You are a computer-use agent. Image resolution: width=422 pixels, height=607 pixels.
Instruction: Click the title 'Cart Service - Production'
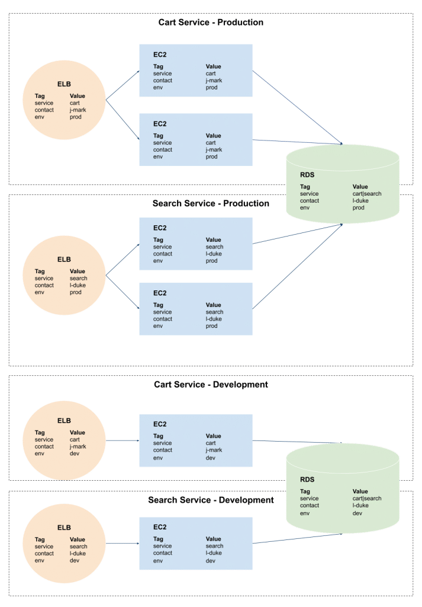211,23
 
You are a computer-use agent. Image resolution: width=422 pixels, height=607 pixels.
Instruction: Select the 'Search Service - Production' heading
211,203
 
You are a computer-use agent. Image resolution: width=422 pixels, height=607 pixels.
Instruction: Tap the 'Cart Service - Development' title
211,384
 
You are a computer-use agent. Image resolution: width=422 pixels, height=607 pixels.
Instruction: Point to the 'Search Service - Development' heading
211,500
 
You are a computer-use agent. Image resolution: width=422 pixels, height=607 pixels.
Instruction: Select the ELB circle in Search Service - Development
64,543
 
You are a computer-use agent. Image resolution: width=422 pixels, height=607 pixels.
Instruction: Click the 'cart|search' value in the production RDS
367,194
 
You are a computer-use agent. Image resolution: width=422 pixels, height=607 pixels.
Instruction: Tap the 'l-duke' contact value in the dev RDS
360,506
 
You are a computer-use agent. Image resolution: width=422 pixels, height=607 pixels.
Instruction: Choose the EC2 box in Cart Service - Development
196,440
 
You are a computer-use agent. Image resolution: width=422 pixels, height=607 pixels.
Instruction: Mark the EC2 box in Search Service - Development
196,544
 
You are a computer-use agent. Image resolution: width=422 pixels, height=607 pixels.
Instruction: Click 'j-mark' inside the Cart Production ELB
78,110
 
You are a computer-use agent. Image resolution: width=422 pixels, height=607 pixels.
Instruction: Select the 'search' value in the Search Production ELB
78,278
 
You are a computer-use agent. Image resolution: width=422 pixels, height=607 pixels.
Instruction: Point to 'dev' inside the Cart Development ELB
75,453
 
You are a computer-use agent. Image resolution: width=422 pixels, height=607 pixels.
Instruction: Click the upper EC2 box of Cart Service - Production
196,71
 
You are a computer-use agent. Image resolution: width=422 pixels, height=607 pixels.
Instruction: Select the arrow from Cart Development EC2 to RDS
298,441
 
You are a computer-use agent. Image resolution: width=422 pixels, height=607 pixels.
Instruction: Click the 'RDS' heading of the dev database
307,480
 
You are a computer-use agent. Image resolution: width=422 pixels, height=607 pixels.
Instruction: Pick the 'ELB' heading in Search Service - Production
64,259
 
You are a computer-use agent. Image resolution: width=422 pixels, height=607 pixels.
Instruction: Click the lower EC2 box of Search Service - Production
196,309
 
